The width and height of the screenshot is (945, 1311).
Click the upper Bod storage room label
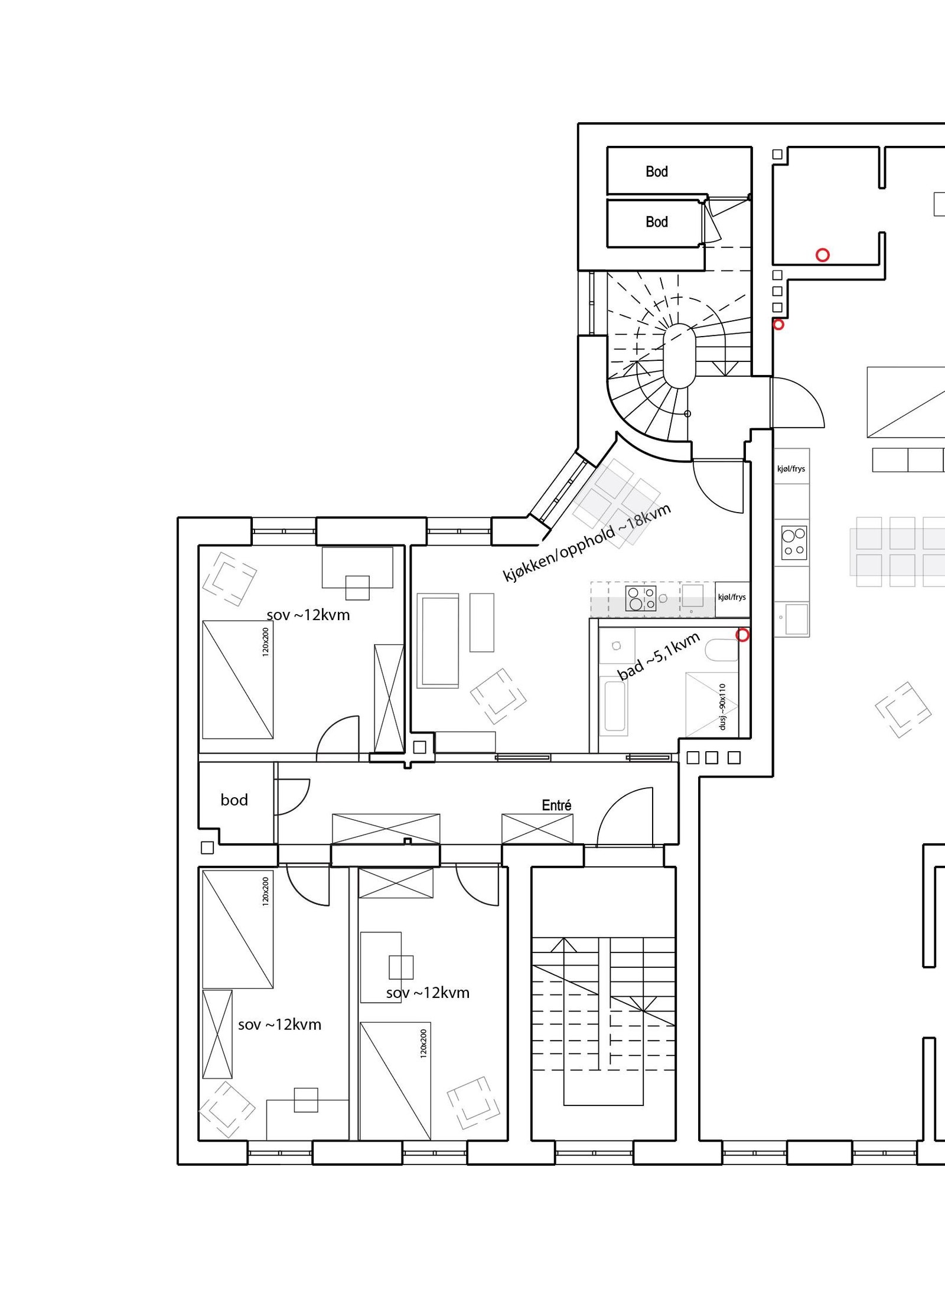click(x=656, y=171)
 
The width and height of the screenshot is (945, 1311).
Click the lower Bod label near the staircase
click(x=656, y=221)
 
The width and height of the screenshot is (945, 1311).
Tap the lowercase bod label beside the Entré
click(x=234, y=800)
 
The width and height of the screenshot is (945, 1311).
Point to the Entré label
click(x=556, y=805)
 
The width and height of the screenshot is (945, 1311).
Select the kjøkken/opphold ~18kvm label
click(x=587, y=543)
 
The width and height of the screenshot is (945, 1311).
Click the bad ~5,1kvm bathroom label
click(x=659, y=655)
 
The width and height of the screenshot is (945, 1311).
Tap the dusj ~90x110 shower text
click(x=722, y=706)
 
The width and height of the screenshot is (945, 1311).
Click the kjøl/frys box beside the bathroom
click(x=732, y=598)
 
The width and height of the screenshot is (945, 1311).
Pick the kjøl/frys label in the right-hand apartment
click(x=791, y=469)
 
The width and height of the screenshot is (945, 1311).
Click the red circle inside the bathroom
click(x=742, y=635)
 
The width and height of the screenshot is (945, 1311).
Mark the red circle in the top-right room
click(x=823, y=255)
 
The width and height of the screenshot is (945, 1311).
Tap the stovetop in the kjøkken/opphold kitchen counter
click(x=641, y=598)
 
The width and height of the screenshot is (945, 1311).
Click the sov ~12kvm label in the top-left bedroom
click(x=308, y=615)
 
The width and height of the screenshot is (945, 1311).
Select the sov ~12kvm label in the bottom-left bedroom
click(x=279, y=1024)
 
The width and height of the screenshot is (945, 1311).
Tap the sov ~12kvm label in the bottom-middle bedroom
click(x=428, y=993)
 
